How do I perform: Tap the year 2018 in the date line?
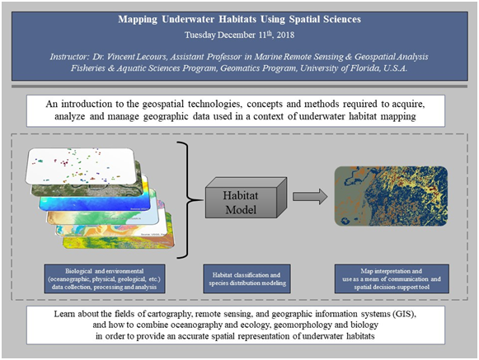pos(285,35)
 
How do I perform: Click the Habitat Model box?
pos(246,198)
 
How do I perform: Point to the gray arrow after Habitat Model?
pos(310,196)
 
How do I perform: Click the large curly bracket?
pos(189,200)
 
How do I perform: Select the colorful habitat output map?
pos(391,196)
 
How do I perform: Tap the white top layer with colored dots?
pos(80,166)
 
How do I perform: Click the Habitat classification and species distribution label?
pos(247,278)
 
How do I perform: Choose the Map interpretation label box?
pos(392,278)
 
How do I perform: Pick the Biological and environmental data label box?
pos(105,278)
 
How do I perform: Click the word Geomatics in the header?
pos(238,68)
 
